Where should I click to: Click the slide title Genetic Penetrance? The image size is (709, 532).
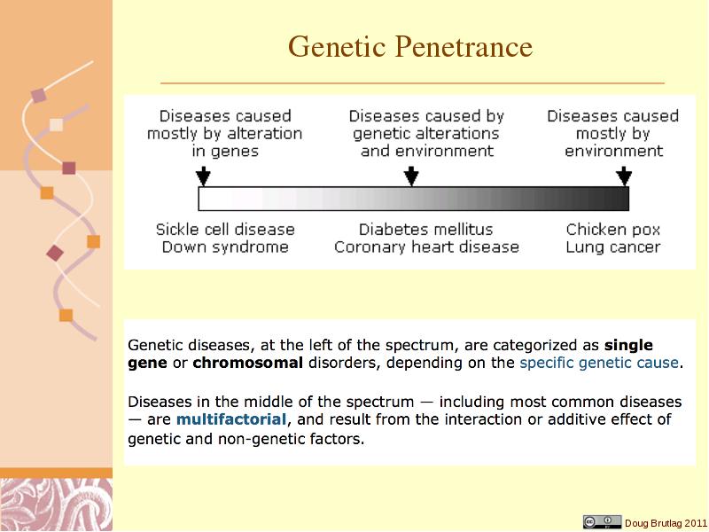pyautogui.click(x=410, y=47)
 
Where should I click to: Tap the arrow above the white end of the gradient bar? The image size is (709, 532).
pyautogui.click(x=204, y=176)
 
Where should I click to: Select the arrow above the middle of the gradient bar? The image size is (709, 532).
pyautogui.click(x=411, y=176)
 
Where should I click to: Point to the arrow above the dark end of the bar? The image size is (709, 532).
pyautogui.click(x=624, y=176)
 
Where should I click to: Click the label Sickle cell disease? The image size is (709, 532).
pyautogui.click(x=225, y=230)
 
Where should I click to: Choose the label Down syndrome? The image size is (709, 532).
pyautogui.click(x=225, y=247)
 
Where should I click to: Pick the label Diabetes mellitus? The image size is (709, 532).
pyautogui.click(x=426, y=230)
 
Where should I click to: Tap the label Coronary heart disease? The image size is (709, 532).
pyautogui.click(x=426, y=247)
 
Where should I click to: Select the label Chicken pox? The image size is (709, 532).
pyautogui.click(x=613, y=230)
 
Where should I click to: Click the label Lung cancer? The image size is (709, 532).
pyautogui.click(x=613, y=247)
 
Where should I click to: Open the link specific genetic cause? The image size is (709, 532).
pyautogui.click(x=599, y=363)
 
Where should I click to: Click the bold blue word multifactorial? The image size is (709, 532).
pyautogui.click(x=231, y=419)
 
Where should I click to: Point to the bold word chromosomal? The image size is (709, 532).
pyautogui.click(x=248, y=363)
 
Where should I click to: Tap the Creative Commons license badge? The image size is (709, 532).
pyautogui.click(x=603, y=521)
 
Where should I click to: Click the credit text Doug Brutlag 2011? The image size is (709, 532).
pyautogui.click(x=666, y=523)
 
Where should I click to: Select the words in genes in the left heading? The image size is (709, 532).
pyautogui.click(x=225, y=151)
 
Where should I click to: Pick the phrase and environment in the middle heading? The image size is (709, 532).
pyautogui.click(x=427, y=151)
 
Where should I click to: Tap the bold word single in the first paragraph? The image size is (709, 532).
pyautogui.click(x=628, y=346)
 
